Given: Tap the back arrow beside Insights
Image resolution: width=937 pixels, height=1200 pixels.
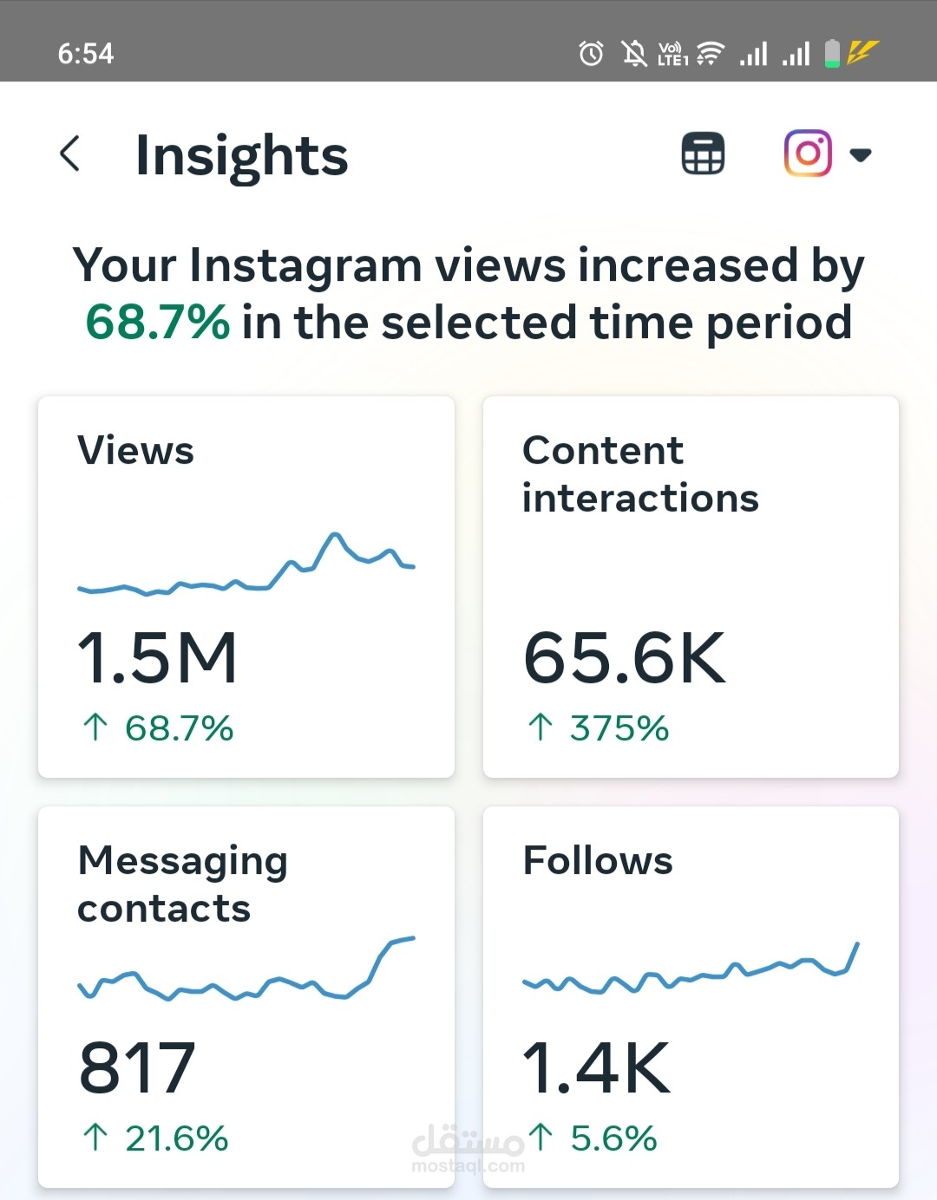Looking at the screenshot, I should tap(70, 153).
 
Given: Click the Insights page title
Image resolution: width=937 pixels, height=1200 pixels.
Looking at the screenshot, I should tap(241, 156).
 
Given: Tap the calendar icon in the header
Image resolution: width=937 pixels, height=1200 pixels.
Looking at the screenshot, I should tap(703, 153).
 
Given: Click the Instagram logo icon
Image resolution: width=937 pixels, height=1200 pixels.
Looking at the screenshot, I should tap(808, 153).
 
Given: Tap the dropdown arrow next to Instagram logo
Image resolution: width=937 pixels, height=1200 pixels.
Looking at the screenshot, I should tap(860, 155).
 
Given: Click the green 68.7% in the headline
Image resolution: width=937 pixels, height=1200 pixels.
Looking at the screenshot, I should tap(158, 323).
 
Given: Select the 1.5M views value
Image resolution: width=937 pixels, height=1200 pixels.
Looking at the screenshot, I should tap(157, 658).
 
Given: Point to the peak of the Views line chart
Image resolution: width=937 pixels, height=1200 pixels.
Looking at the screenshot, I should tap(334, 535).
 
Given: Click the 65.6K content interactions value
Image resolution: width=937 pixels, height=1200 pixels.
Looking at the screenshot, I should tap(624, 658).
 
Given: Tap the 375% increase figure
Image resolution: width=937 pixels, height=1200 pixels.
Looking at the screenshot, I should tap(618, 728).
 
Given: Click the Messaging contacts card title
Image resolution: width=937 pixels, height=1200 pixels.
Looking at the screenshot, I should tap(182, 884).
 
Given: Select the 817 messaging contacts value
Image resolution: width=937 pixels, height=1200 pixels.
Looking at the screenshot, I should tap(137, 1068).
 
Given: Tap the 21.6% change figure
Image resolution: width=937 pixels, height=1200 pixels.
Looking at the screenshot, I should tap(175, 1138).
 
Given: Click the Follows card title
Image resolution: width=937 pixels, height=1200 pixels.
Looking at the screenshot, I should tap(598, 861).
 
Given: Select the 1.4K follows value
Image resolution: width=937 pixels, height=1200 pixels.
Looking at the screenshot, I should tap(596, 1068).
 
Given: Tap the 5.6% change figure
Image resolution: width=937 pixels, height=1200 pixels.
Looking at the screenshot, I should tap(613, 1138).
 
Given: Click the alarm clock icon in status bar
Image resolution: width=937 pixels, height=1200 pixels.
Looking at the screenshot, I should tap(591, 54).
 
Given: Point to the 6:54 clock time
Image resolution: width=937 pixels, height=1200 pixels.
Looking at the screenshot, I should tap(86, 54).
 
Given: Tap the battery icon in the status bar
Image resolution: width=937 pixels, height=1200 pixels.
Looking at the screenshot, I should tap(832, 53).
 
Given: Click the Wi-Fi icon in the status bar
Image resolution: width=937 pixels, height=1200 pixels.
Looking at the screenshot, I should tap(711, 54).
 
